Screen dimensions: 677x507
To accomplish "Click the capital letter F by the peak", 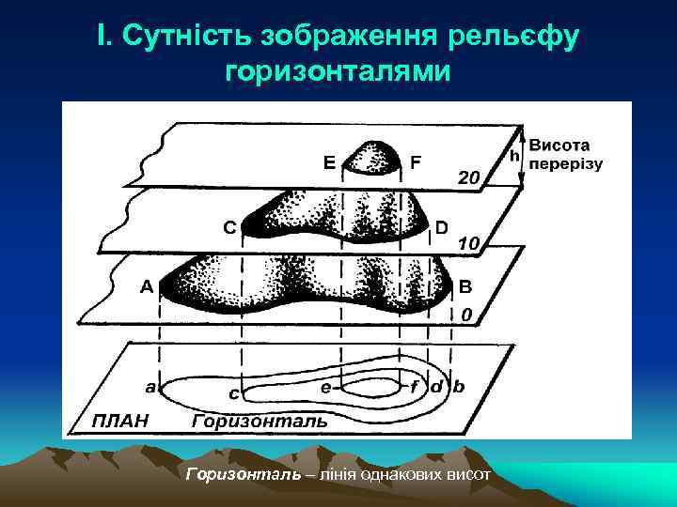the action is pos(416,161).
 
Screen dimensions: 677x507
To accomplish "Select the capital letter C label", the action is pos(229,226).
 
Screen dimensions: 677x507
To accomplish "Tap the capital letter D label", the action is pos(441,226).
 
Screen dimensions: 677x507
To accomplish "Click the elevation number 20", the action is pos(468,177).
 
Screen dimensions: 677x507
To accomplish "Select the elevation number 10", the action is pos(469,243).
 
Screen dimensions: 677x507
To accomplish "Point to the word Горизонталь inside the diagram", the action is pos(260,421).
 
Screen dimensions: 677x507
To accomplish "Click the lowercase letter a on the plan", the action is pos(150,386).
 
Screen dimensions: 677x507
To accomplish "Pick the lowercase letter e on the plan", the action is pos(325,386).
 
